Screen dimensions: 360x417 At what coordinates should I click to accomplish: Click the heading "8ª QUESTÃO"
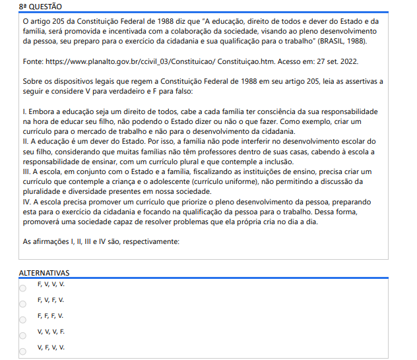[x=41, y=7]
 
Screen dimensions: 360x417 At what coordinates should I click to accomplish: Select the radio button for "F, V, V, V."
[x=22, y=288]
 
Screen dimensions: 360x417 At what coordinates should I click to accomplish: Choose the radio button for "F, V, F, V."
[x=22, y=304]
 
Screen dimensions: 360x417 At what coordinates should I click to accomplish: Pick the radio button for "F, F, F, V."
[x=22, y=320]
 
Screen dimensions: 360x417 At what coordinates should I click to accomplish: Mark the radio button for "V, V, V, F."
[x=22, y=336]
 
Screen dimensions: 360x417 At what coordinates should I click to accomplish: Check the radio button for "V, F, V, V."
[x=22, y=351]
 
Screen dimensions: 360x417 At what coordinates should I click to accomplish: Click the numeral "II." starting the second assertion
[x=26, y=142]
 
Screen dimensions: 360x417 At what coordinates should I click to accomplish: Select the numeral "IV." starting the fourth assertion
[x=26, y=201]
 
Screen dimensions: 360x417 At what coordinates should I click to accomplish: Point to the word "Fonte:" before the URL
[x=34, y=61]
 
